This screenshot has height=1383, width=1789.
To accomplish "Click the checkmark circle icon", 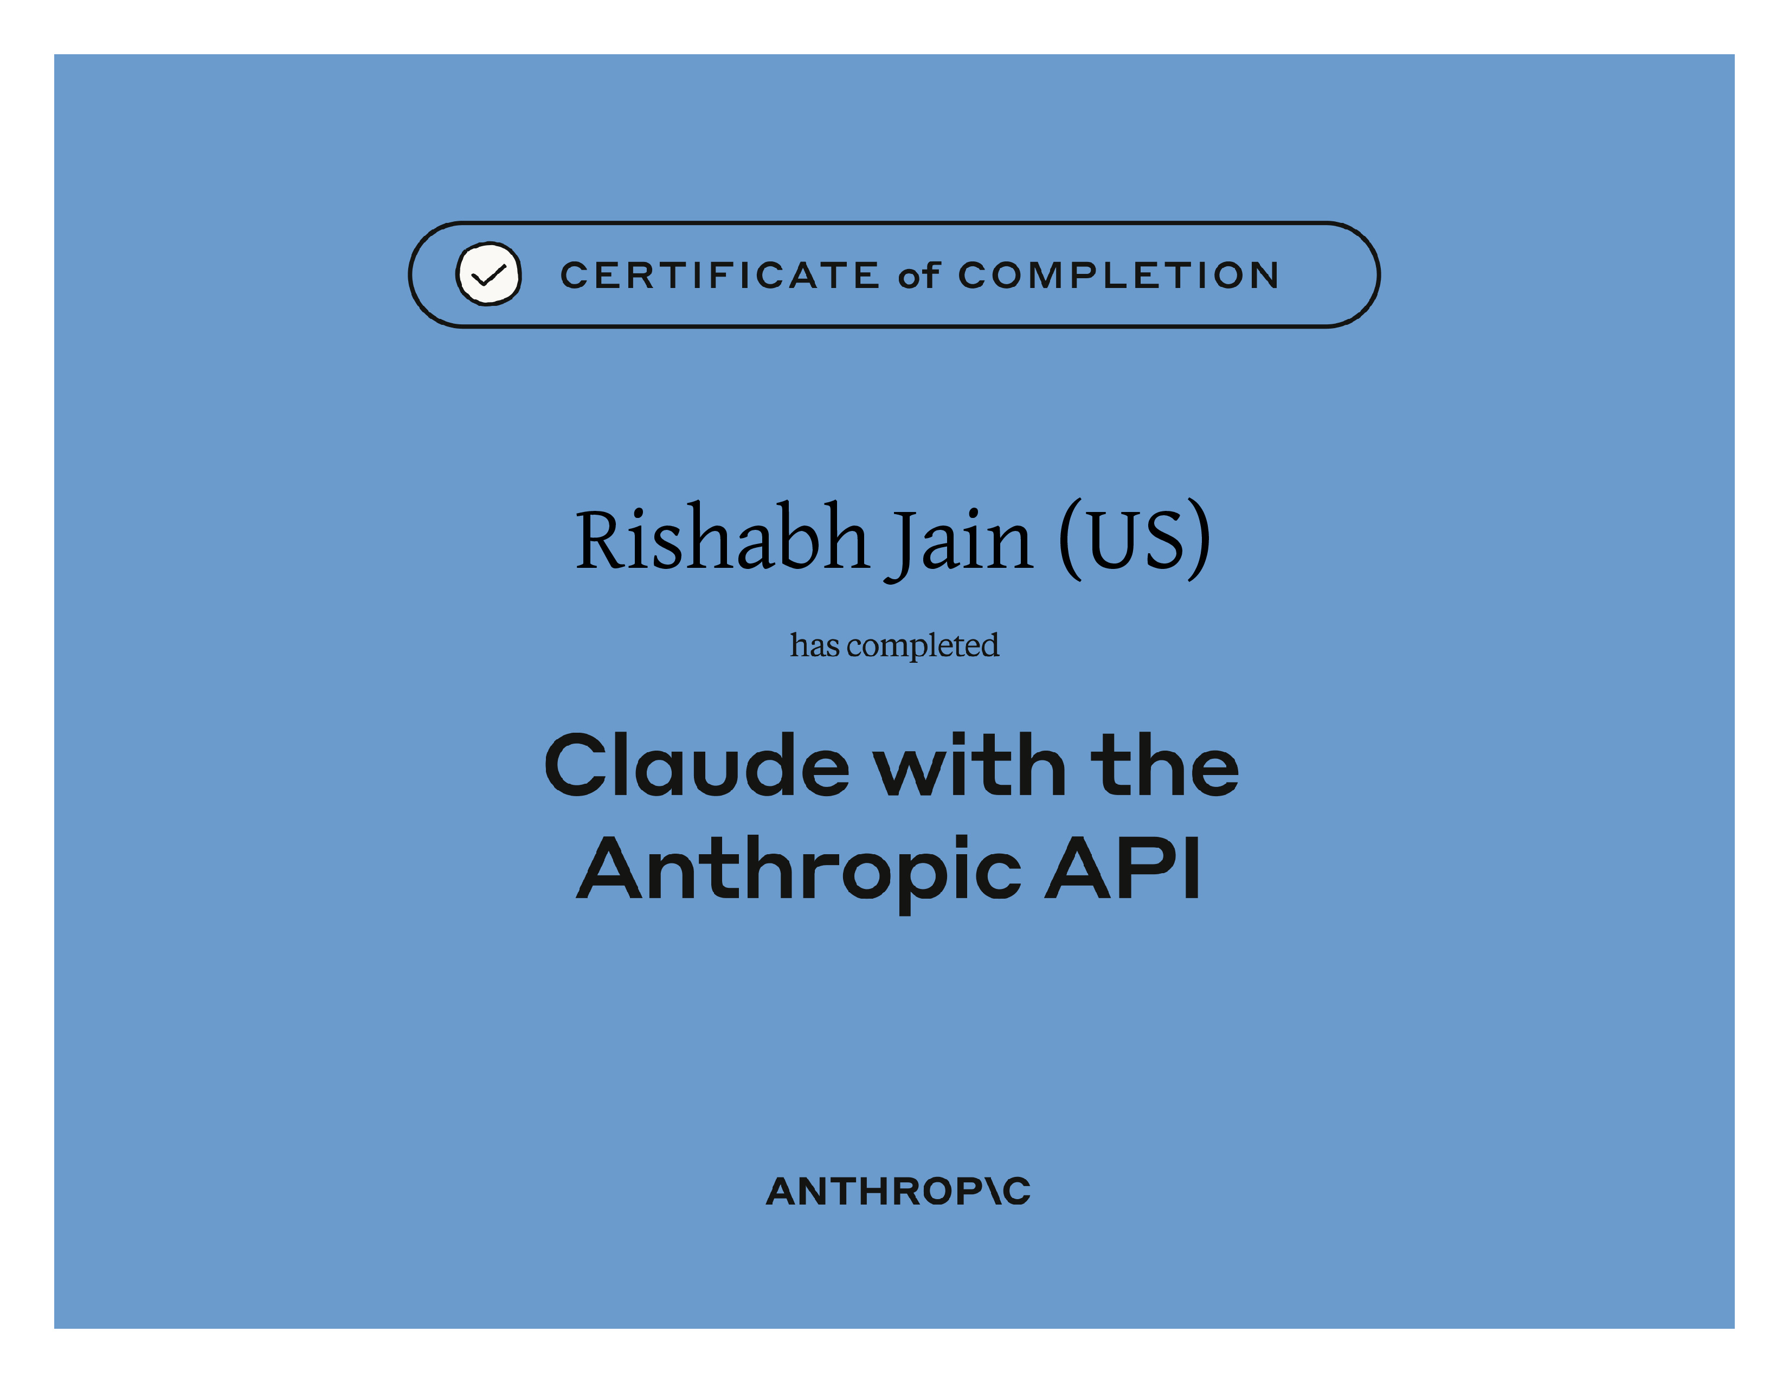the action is click(x=488, y=274).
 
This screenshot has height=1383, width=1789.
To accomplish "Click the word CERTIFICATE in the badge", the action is click(x=720, y=276).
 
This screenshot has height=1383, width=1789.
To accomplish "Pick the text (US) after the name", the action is click(x=1135, y=539).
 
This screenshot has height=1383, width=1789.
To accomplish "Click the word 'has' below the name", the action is click(x=814, y=645).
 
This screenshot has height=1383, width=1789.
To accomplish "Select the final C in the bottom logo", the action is click(x=1016, y=1192).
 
